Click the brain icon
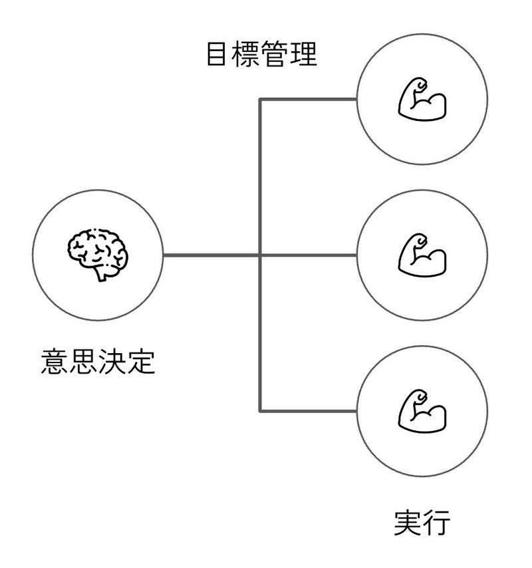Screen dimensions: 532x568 click(x=98, y=255)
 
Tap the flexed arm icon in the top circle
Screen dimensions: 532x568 click(x=422, y=98)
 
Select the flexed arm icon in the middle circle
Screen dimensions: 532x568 click(x=422, y=255)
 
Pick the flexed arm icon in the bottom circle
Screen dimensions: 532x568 click(x=422, y=411)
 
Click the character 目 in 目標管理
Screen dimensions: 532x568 click(x=217, y=54)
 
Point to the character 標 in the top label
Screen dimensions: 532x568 click(x=245, y=54)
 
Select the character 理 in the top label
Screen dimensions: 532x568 click(x=303, y=54)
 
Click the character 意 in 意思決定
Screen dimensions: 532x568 click(x=55, y=361)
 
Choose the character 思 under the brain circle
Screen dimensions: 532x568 click(x=84, y=361)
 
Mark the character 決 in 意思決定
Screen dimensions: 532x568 click(x=112, y=361)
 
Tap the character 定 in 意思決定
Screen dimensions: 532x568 click(x=141, y=361)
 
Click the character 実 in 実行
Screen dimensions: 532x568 click(x=408, y=522)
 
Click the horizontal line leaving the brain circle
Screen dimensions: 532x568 click(x=211, y=255)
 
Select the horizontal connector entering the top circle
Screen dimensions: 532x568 click(x=309, y=99)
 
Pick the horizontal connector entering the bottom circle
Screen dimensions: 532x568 click(x=309, y=411)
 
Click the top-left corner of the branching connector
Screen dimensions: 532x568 click(x=260, y=99)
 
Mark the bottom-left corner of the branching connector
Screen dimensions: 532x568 click(x=260, y=411)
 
